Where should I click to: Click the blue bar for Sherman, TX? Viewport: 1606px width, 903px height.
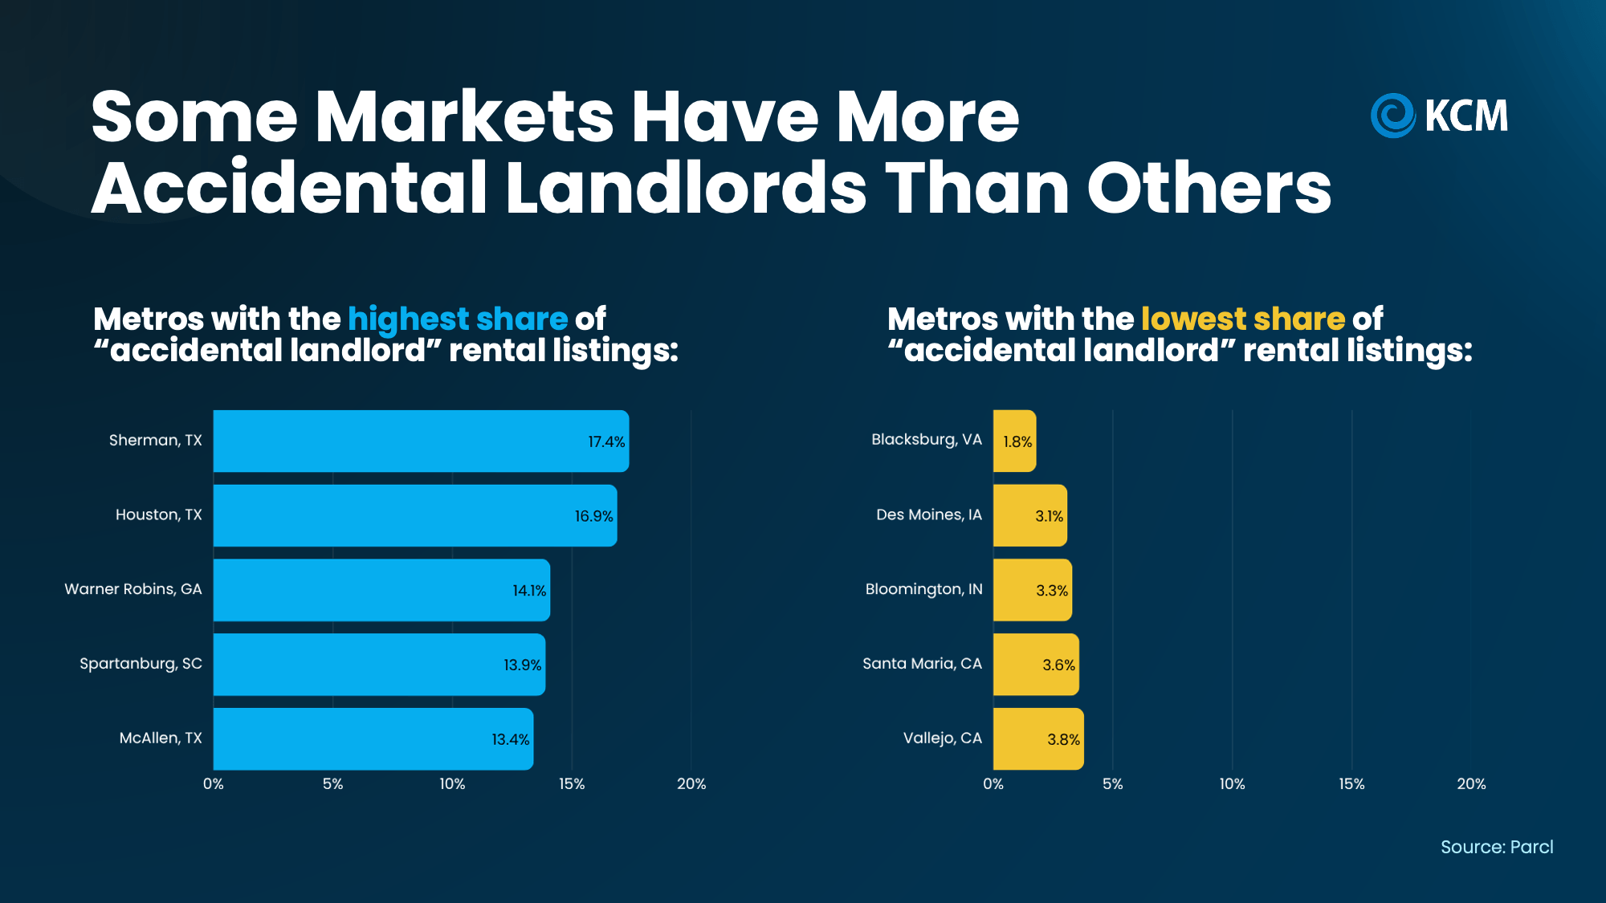(421, 441)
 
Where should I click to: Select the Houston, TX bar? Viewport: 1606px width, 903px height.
(415, 515)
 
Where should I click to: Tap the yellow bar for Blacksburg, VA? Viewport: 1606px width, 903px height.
(1014, 441)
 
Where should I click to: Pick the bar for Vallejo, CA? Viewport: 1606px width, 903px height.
(1038, 738)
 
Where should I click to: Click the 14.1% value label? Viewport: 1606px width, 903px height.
(529, 591)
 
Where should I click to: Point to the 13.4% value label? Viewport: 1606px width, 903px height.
(511, 739)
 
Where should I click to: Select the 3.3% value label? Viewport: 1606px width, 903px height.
(1052, 591)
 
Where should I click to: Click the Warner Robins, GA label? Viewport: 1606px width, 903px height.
(133, 589)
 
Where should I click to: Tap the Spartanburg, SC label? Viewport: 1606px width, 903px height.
(141, 664)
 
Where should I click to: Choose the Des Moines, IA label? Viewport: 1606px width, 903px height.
(929, 515)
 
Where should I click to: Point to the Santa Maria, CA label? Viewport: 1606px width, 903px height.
(922, 664)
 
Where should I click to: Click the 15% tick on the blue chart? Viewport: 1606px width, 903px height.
(572, 784)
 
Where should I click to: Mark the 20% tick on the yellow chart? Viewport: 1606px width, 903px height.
(1471, 784)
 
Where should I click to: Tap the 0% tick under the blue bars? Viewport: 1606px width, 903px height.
(214, 784)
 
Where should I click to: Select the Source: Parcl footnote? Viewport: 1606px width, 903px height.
(1497, 847)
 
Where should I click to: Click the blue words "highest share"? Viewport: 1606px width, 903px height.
(458, 319)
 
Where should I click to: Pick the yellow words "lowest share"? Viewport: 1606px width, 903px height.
(1243, 319)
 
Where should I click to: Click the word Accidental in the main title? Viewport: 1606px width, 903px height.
(290, 188)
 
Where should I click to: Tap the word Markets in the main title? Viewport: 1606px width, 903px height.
(465, 117)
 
